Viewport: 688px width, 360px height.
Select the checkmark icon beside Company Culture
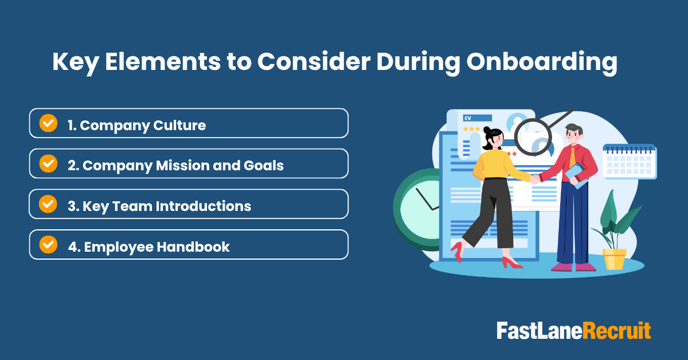tap(48, 123)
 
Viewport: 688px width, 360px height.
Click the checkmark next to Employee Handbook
tap(48, 245)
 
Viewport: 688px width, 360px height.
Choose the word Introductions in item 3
tap(208, 206)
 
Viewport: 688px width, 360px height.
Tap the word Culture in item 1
tap(182, 125)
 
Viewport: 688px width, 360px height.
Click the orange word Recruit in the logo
tap(617, 331)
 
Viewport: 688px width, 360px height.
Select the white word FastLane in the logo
tap(540, 331)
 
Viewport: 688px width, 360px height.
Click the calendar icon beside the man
tap(630, 162)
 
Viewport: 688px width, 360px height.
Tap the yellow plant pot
tap(614, 259)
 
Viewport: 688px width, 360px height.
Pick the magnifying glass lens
tap(533, 138)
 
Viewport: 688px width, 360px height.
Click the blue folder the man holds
tap(576, 174)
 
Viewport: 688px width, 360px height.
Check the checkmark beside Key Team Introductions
tap(48, 204)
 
